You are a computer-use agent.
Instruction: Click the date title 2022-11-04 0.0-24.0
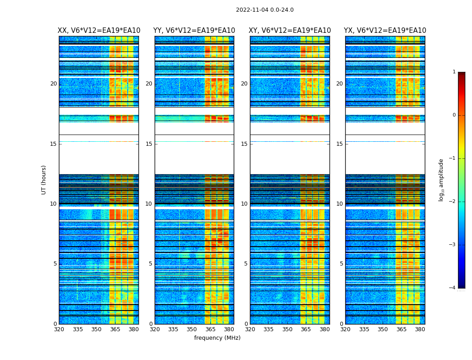264,10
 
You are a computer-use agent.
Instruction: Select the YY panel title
194,31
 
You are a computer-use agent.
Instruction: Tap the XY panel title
289,31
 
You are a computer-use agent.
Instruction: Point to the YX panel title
385,31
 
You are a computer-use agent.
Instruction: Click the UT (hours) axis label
44,180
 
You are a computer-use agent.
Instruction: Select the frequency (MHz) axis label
217,338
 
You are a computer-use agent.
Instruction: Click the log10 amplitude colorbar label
441,180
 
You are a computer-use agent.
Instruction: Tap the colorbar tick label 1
454,72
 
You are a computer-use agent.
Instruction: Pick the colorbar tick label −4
453,288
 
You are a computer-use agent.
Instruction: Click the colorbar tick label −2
453,202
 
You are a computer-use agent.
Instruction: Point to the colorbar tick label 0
454,115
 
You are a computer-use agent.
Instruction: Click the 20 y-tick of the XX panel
53,84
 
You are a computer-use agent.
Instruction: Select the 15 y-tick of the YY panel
149,144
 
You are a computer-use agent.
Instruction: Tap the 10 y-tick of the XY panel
244,204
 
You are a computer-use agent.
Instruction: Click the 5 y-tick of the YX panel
341,264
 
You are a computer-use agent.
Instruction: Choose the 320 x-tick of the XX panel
59,329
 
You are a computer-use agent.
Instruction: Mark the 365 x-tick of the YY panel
210,329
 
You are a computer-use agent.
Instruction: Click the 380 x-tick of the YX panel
420,329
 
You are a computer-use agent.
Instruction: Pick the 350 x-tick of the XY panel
287,329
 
